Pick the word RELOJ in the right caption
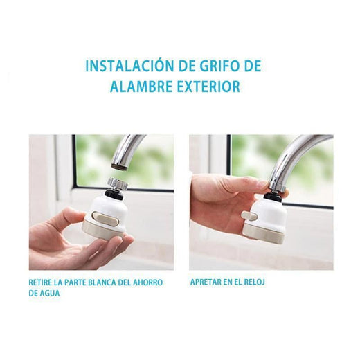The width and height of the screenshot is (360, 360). (x=254, y=282)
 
